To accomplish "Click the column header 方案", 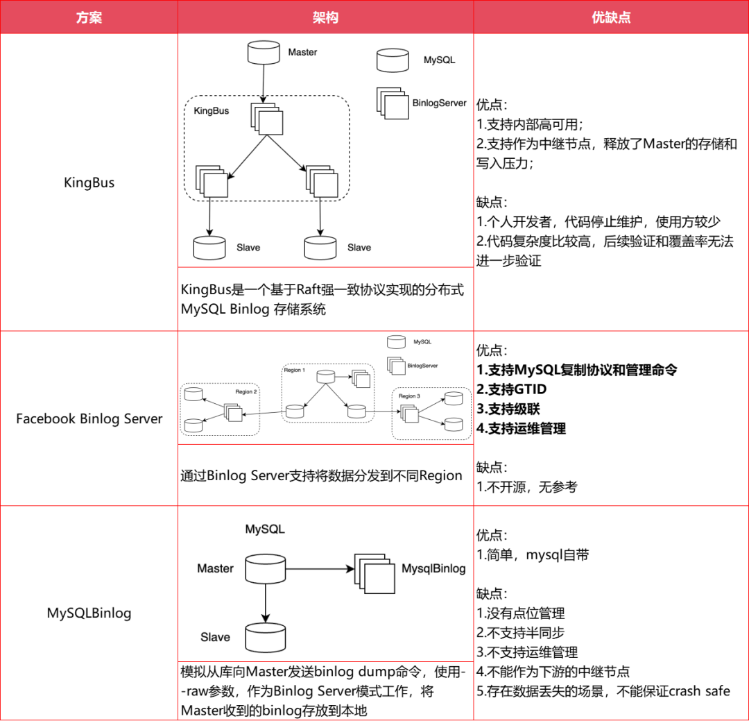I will [x=89, y=17].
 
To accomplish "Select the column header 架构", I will [x=325, y=17].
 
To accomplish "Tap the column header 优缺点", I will [x=611, y=17].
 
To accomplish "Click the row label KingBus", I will [x=89, y=183].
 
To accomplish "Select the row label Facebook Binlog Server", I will [x=89, y=418].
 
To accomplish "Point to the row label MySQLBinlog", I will [x=89, y=613].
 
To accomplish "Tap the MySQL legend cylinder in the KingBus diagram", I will [x=393, y=60].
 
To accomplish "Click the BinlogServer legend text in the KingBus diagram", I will [x=439, y=103].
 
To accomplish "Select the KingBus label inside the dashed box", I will [x=211, y=110].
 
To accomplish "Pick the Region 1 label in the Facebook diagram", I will [x=293, y=370].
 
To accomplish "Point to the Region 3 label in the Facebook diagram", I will [x=408, y=396].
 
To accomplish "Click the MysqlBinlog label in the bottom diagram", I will [x=433, y=568].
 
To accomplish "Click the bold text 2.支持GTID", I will [x=511, y=389].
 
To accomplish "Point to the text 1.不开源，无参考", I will [x=526, y=486].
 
